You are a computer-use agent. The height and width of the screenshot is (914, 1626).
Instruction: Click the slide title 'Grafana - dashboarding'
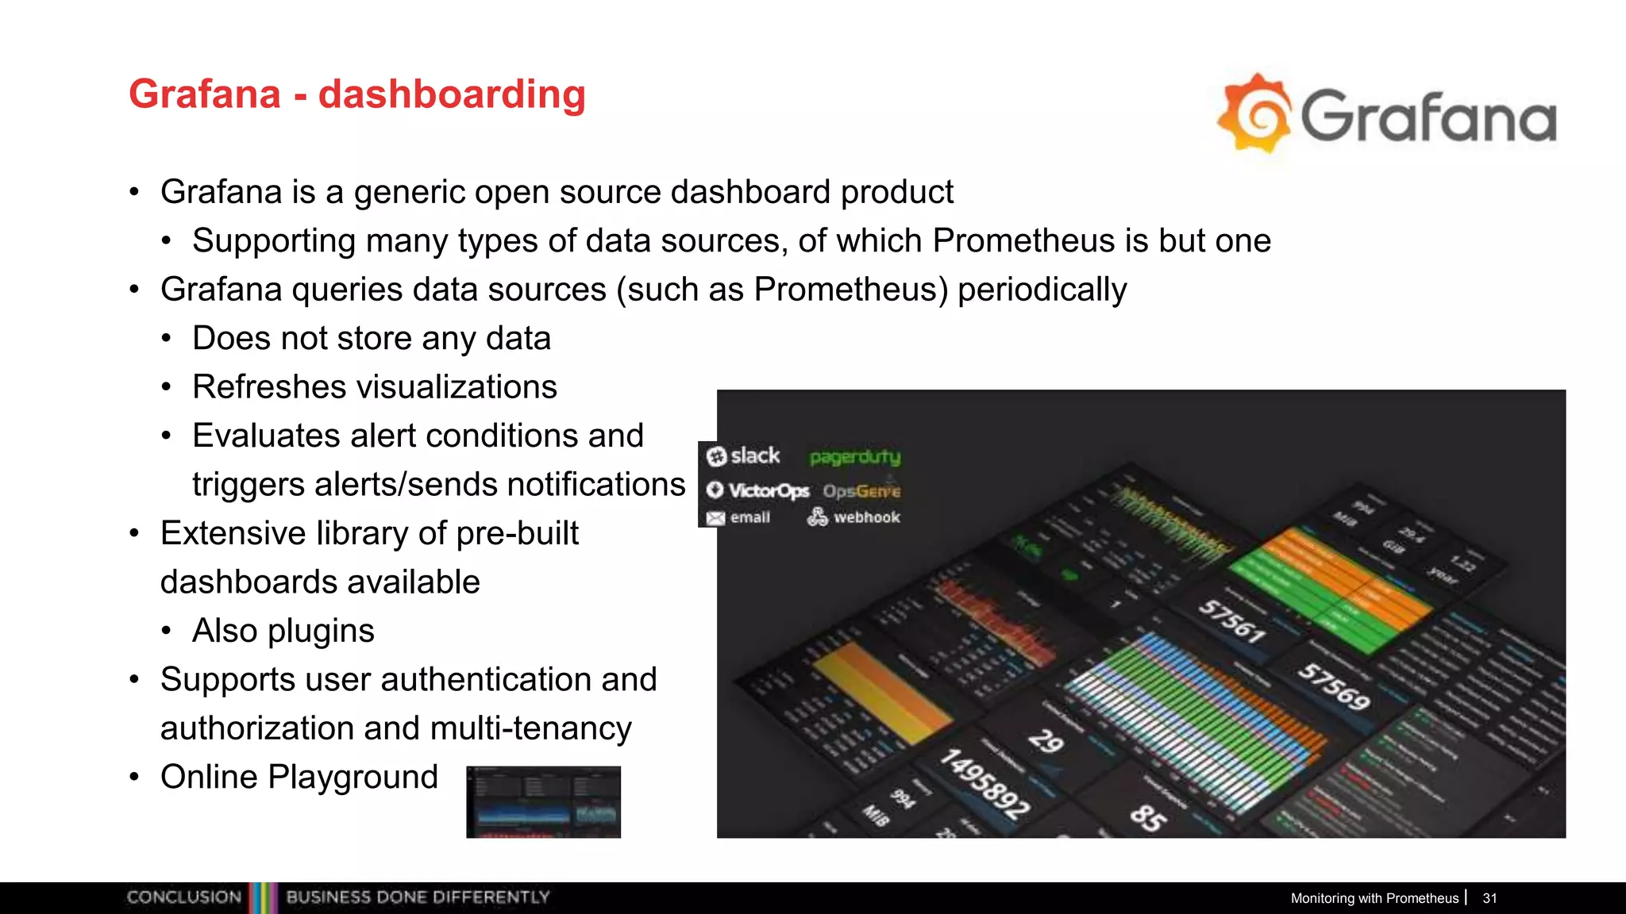(x=357, y=94)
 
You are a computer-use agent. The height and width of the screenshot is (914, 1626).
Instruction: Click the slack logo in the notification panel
(x=744, y=455)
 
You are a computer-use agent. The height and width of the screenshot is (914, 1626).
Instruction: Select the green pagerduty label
(x=855, y=457)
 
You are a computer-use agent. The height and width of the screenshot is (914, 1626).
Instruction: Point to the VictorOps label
(x=758, y=490)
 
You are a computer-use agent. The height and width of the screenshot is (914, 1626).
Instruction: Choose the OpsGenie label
(x=861, y=491)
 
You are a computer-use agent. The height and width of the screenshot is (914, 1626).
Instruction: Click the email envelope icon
(x=715, y=518)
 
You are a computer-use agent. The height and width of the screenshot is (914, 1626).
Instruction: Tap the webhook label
(x=866, y=517)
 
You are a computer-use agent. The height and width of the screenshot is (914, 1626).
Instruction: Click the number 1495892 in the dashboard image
(x=984, y=784)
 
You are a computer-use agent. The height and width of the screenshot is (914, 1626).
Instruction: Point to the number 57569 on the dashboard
(x=1335, y=687)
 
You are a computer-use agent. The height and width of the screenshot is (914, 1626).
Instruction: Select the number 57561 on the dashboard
(x=1231, y=621)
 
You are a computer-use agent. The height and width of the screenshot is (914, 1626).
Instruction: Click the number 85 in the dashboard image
(x=1148, y=817)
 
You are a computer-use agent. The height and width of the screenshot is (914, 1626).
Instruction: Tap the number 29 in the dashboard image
(x=1046, y=740)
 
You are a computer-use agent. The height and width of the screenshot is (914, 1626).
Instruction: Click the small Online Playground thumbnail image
(x=543, y=802)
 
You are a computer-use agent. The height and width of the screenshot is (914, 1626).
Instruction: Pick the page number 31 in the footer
(x=1489, y=898)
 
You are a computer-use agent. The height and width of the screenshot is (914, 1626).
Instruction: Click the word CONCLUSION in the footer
(x=184, y=897)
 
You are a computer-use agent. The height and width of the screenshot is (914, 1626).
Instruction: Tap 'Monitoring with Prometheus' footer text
(x=1374, y=898)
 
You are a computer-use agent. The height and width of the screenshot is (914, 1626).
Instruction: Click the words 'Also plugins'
(x=283, y=631)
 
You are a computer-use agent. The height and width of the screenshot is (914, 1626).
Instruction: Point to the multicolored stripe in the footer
(x=263, y=897)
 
